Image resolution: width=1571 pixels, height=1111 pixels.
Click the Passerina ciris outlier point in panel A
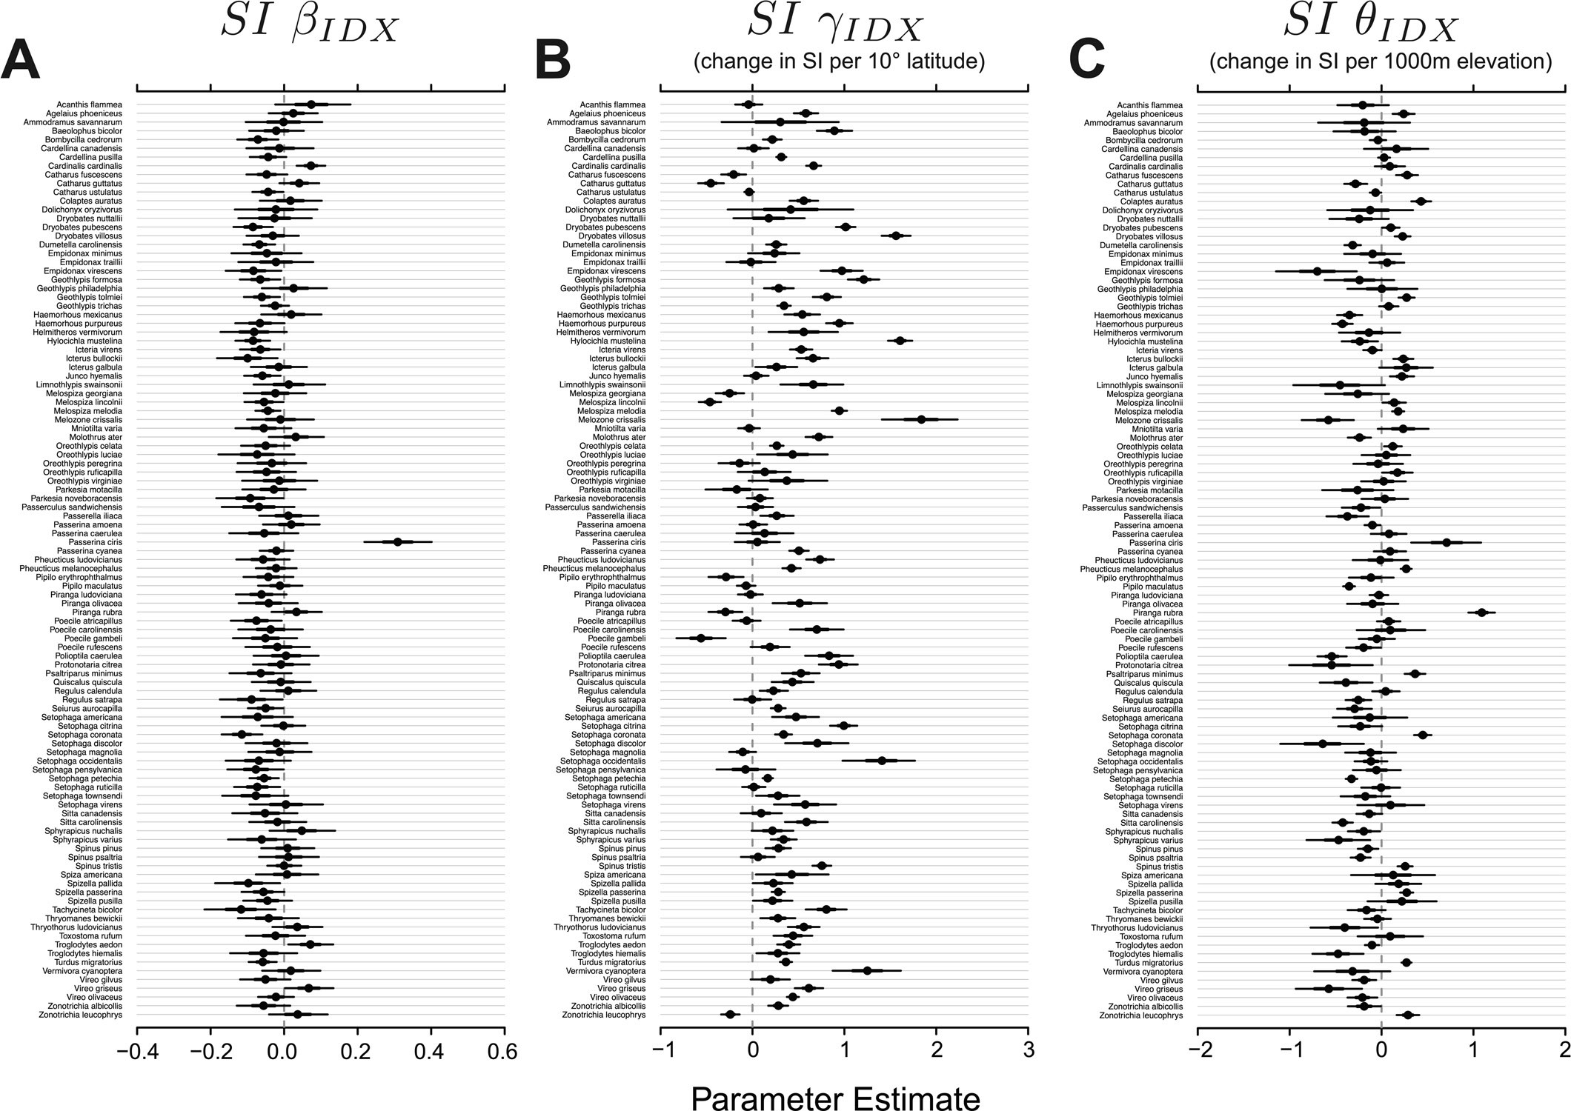pyautogui.click(x=397, y=542)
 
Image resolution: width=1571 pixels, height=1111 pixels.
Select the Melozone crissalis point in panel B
pyautogui.click(x=921, y=419)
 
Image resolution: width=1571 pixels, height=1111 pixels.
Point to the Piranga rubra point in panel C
pyautogui.click(x=1481, y=613)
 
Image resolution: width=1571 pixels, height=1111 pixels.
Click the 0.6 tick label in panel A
pyautogui.click(x=504, y=1052)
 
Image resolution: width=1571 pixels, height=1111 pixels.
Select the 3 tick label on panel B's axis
pyautogui.click(x=1028, y=1052)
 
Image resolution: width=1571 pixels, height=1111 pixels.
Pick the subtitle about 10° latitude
pyautogui.click(x=839, y=62)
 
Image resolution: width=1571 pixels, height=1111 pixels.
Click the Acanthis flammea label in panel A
pyautogui.click(x=89, y=105)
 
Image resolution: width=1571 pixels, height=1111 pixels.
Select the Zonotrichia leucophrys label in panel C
pyautogui.click(x=1140, y=1015)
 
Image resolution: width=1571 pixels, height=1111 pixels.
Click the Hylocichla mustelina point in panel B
pyautogui.click(x=900, y=341)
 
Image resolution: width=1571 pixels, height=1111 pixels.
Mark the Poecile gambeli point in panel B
pyautogui.click(x=701, y=638)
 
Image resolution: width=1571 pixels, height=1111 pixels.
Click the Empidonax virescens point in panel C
pyautogui.click(x=1317, y=271)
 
